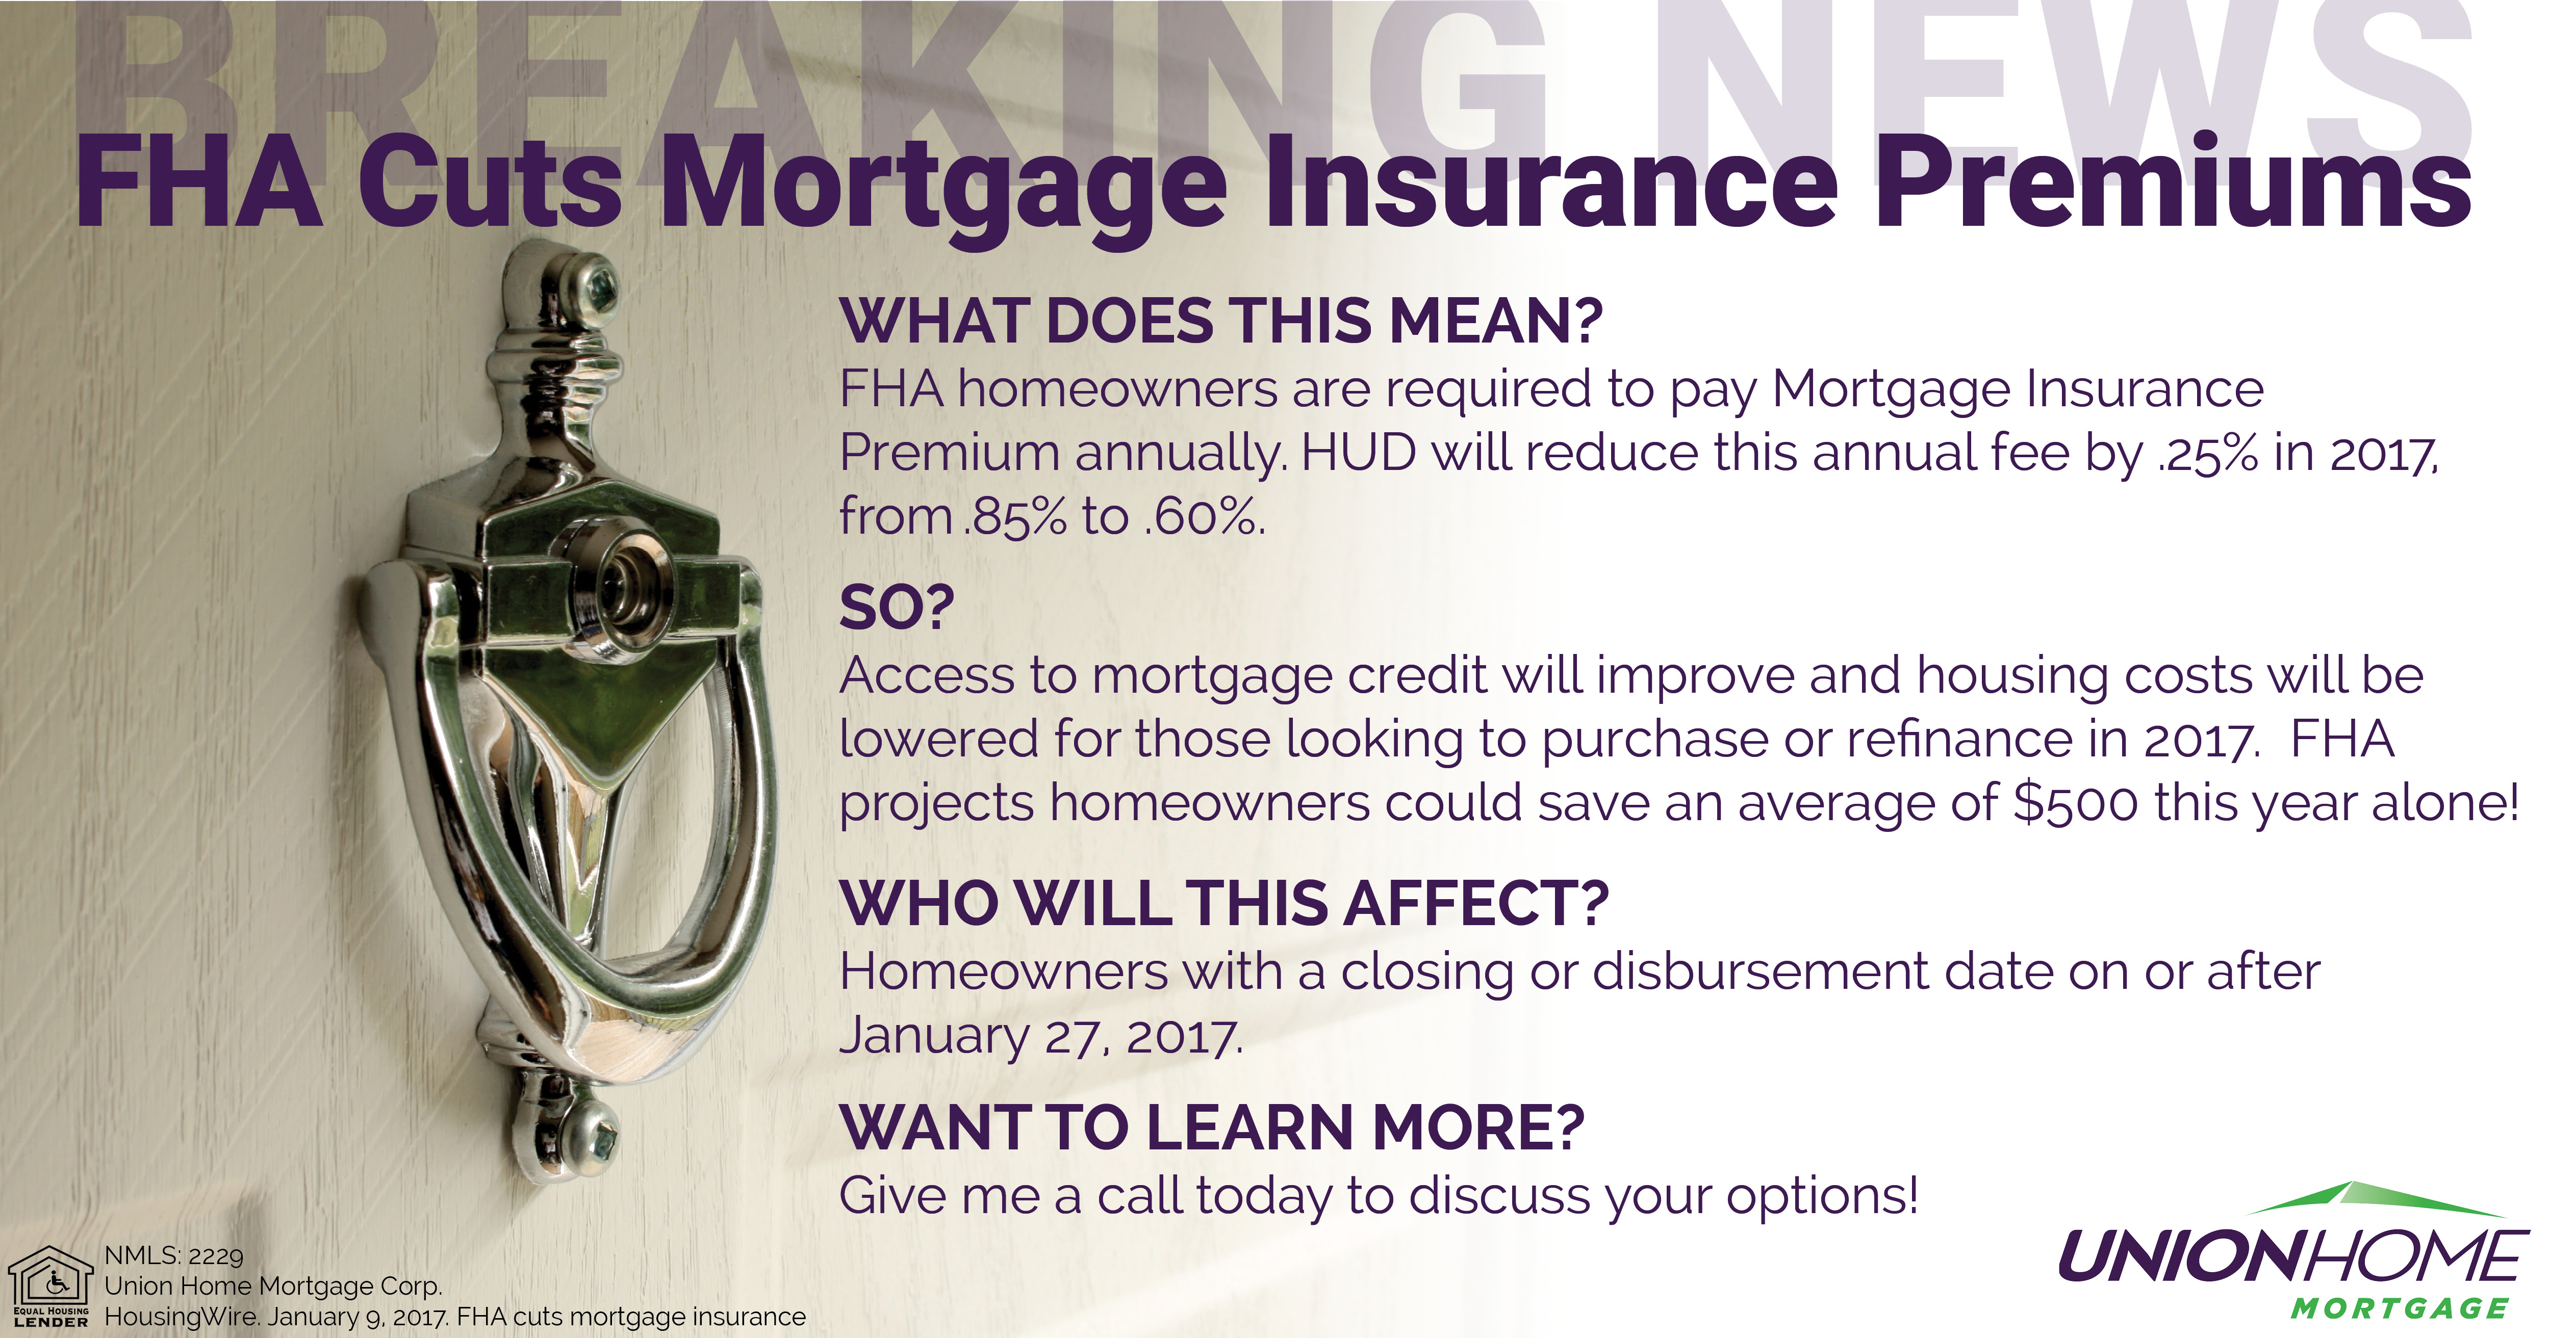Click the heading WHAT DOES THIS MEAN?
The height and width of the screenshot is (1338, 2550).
coord(1220,322)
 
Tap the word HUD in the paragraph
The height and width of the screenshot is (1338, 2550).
coord(1358,452)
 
